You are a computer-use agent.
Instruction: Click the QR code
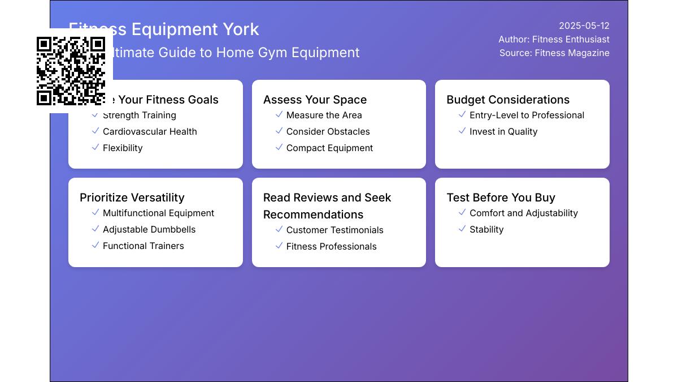coord(71,71)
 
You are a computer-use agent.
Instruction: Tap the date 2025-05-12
coord(584,25)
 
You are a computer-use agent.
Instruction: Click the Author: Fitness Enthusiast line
coord(554,39)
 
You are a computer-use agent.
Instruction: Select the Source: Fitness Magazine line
coord(554,53)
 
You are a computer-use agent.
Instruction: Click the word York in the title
coord(240,29)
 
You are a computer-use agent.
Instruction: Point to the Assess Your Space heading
coord(315,100)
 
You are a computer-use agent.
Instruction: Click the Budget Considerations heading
coord(508,100)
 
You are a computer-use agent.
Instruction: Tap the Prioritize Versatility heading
coord(132,198)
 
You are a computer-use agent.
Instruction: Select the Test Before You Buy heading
coord(501,198)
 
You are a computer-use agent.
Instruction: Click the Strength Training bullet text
coord(139,115)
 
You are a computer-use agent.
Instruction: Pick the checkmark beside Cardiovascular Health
coord(95,131)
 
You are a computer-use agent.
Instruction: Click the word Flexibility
coord(123,148)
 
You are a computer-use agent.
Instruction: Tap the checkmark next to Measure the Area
coord(279,114)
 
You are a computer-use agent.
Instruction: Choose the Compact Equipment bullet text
coord(329,148)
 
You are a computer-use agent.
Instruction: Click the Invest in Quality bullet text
coord(503,131)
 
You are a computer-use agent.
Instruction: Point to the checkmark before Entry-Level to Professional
coord(462,114)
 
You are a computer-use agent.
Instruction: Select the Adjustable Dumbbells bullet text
coord(149,229)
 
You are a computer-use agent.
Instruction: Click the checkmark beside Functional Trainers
coord(95,245)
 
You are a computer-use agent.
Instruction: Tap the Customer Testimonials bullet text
coord(334,230)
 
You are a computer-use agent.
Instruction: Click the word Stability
coord(486,229)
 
